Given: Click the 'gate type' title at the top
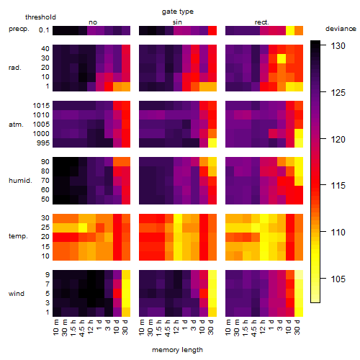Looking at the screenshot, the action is pos(178,12).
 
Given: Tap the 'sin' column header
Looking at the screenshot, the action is pos(177,22).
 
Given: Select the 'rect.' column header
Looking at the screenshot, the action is pos(261,22).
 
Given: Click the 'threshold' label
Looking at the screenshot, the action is pos(40,17).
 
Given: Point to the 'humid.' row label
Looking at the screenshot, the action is pos(20,181).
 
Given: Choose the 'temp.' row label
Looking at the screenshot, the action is pos(18,236).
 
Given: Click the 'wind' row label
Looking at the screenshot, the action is pos(17,294).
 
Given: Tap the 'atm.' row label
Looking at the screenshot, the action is pos(16,125).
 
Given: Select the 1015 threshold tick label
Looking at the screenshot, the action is pos(41,106).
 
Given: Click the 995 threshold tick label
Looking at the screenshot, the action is pos(43,143).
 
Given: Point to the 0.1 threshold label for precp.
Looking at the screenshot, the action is pos(44,30).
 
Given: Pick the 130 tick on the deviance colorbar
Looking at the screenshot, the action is pos(338,46).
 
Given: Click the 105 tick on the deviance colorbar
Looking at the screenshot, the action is pos(338,279).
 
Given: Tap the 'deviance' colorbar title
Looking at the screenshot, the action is pos(341,29).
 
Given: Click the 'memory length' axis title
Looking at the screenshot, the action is pos(178,350).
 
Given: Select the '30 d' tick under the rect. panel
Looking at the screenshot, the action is pos(297,327).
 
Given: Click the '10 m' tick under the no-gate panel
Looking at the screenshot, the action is pos(55,327).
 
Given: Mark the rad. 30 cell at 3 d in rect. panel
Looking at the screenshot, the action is pos(282,58).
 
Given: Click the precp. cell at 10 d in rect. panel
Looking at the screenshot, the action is pos(290,30).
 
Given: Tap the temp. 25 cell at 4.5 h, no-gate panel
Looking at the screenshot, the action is pos(83,228).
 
